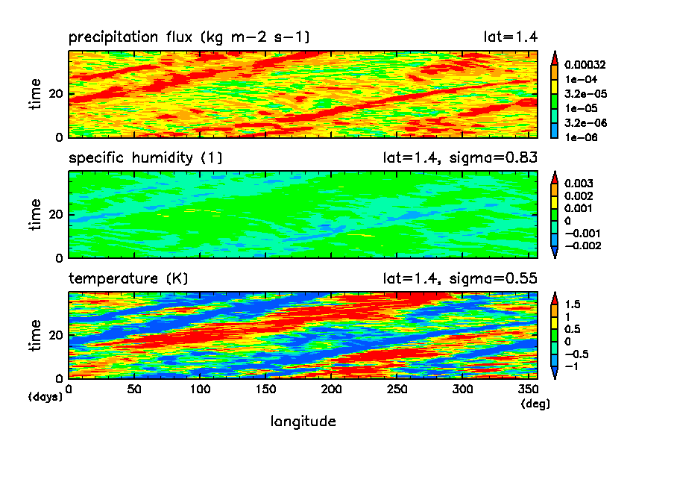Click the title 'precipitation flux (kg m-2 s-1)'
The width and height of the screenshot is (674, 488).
coord(189,37)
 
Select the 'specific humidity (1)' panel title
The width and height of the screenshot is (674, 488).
coord(145,157)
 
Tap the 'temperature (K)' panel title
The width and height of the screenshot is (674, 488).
coord(128,278)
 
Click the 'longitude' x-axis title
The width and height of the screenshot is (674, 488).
coord(303,422)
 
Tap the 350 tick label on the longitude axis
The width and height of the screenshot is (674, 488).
coord(526,389)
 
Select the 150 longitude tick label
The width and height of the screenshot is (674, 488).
coord(265,389)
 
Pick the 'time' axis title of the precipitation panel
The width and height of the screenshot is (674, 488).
coord(36,94)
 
